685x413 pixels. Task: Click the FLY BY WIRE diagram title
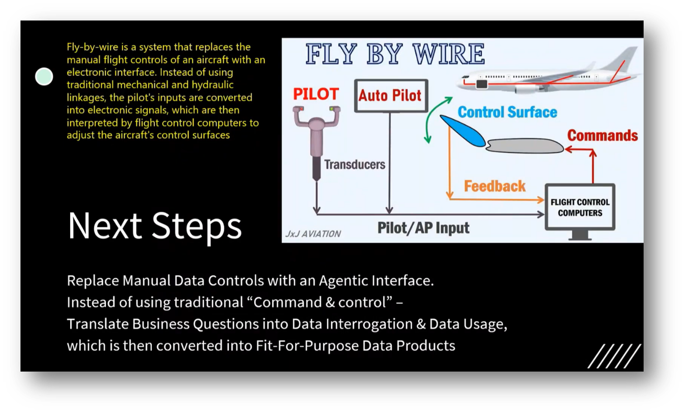click(x=394, y=54)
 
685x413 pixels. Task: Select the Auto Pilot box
click(x=390, y=96)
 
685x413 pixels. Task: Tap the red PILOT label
click(x=315, y=94)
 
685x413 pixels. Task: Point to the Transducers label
click(x=354, y=164)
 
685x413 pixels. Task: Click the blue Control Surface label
click(x=507, y=112)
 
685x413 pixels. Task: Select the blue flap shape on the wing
click(x=463, y=130)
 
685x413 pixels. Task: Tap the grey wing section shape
click(x=525, y=145)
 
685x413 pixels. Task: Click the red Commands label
click(x=602, y=135)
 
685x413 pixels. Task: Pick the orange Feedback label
click(x=495, y=186)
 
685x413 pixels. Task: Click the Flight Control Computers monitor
click(x=580, y=208)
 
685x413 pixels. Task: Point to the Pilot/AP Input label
click(x=423, y=228)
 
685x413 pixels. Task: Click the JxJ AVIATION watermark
click(x=313, y=234)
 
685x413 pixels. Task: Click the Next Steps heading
click(x=155, y=226)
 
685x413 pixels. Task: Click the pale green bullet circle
click(x=44, y=77)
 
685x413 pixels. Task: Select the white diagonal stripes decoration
click(x=614, y=356)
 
